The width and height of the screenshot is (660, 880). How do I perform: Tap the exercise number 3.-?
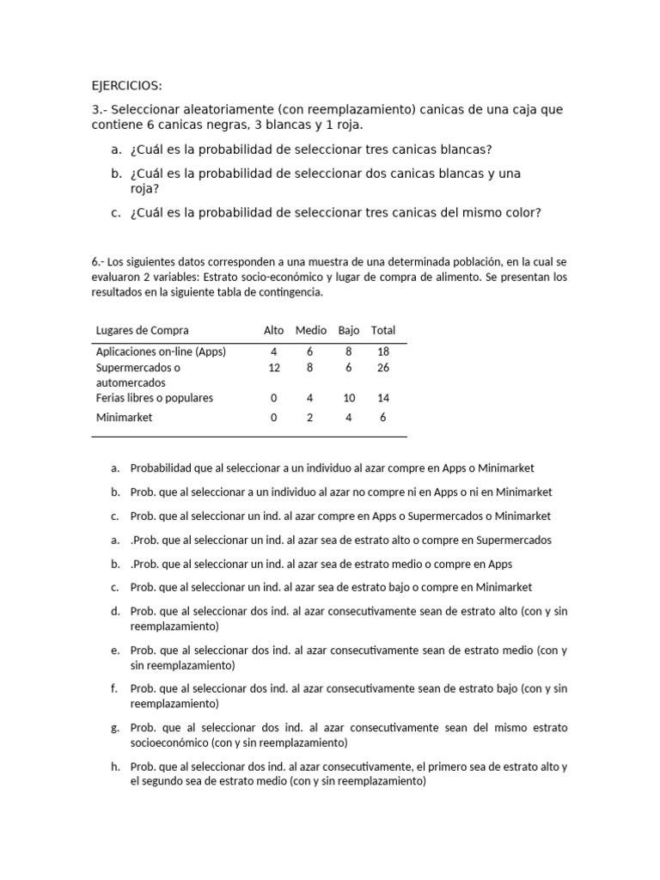tap(100, 110)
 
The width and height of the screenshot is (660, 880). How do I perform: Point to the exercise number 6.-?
tap(99, 261)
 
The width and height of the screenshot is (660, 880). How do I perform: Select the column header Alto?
tap(273, 331)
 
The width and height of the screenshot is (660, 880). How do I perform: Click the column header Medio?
tap(310, 331)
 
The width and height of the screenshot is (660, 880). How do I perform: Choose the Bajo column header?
tap(348, 331)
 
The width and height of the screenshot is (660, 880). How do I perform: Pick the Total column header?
tap(383, 331)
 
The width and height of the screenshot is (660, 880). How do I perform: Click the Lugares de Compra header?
tap(142, 331)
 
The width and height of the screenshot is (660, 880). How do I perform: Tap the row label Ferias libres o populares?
tap(154, 398)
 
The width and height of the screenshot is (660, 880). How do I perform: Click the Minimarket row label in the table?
tap(125, 417)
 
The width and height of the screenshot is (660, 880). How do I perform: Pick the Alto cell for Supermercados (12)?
tap(274, 367)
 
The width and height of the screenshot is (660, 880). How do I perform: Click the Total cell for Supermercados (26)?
tap(383, 367)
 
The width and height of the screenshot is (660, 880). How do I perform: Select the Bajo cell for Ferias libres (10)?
tap(348, 398)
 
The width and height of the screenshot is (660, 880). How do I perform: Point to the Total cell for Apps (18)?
tap(383, 351)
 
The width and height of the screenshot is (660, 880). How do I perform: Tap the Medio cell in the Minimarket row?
tap(310, 417)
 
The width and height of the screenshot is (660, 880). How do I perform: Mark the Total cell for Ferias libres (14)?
tap(383, 398)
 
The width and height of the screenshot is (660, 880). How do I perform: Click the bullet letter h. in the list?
tap(115, 767)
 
